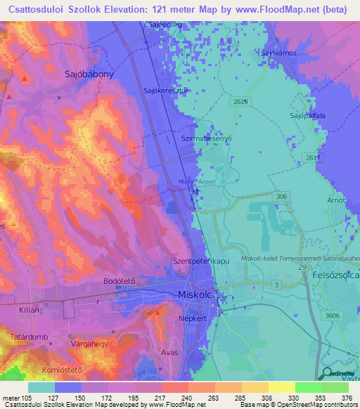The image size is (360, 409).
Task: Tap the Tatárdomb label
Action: [29, 337]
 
